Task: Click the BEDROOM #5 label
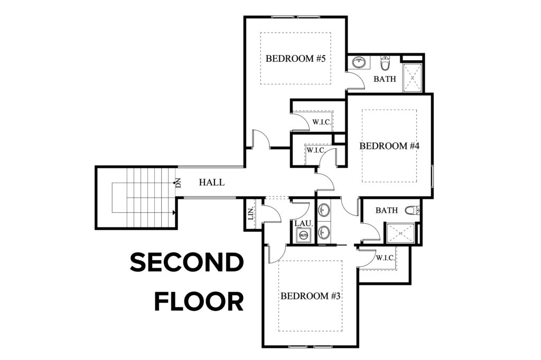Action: (x=295, y=58)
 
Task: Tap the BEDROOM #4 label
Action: (x=389, y=146)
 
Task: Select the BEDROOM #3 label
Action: (x=310, y=296)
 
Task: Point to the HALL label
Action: (x=211, y=182)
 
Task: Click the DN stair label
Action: (x=178, y=183)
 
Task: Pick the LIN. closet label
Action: (x=251, y=214)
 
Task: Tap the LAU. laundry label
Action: (x=304, y=223)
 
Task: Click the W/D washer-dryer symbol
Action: (x=304, y=235)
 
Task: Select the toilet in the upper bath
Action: (x=385, y=63)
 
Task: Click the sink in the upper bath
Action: (x=359, y=63)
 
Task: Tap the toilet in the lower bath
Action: (x=412, y=210)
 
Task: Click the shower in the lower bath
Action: (x=400, y=233)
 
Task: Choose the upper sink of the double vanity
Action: (x=324, y=210)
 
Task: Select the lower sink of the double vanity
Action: (x=324, y=232)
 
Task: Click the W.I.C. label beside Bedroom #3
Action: (x=385, y=257)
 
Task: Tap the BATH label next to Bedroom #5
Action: (x=385, y=79)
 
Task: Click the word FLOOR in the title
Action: (x=199, y=302)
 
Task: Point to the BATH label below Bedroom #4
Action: (x=387, y=210)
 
